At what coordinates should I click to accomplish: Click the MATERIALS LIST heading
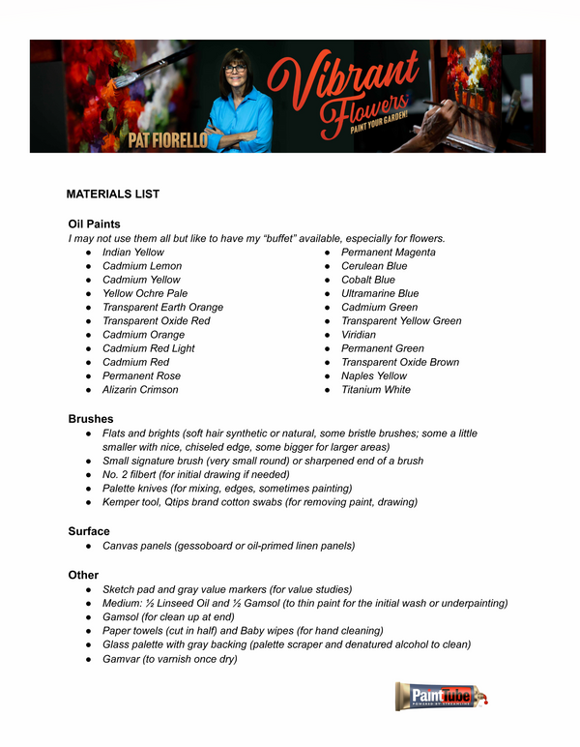click(x=112, y=194)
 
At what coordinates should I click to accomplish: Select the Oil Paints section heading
click(x=94, y=224)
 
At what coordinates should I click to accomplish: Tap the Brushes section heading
click(x=90, y=419)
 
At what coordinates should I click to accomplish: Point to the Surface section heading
click(x=89, y=531)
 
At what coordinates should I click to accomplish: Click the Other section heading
click(x=83, y=575)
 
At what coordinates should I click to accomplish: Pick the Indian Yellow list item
click(x=133, y=253)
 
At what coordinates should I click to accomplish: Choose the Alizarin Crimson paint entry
click(x=140, y=390)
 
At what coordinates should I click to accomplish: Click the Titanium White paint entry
click(x=375, y=390)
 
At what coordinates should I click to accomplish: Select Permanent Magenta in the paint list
click(x=388, y=253)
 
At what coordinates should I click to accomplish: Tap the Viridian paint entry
click(x=359, y=335)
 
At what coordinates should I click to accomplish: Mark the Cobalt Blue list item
click(x=368, y=280)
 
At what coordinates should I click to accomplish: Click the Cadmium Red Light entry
click(x=148, y=348)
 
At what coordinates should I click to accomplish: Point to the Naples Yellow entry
click(x=374, y=375)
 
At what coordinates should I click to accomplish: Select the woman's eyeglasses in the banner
click(x=234, y=69)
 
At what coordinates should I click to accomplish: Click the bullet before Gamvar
click(x=88, y=659)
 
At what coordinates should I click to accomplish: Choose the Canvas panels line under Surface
click(x=228, y=546)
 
